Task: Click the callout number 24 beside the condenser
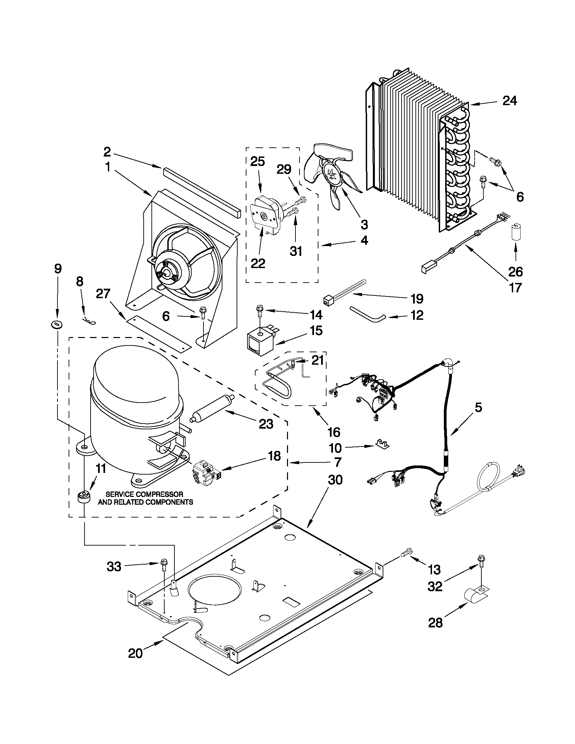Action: (x=510, y=101)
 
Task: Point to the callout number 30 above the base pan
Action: (x=335, y=480)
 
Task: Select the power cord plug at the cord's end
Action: (x=520, y=471)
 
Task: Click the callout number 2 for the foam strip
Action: (x=107, y=151)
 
